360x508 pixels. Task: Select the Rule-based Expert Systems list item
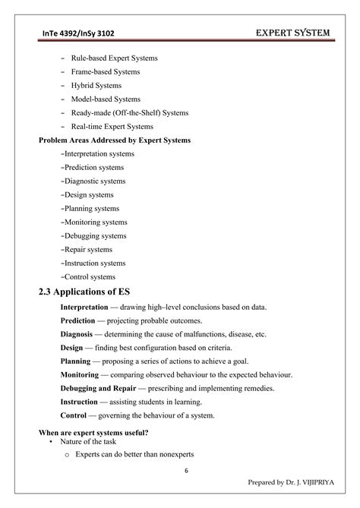[x=115, y=58]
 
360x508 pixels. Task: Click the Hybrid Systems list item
[x=96, y=86]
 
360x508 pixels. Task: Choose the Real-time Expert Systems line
[x=112, y=127]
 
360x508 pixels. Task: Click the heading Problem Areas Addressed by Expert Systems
[x=115, y=140]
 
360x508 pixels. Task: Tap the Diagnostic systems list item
[x=95, y=181]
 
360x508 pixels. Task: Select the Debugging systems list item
[x=95, y=236]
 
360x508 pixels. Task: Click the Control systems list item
[x=90, y=277]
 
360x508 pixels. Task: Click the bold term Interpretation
[x=84, y=308]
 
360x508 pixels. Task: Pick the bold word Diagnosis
[x=76, y=335]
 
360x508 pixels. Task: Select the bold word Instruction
[x=79, y=402]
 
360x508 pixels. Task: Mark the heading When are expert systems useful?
[x=93, y=433]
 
